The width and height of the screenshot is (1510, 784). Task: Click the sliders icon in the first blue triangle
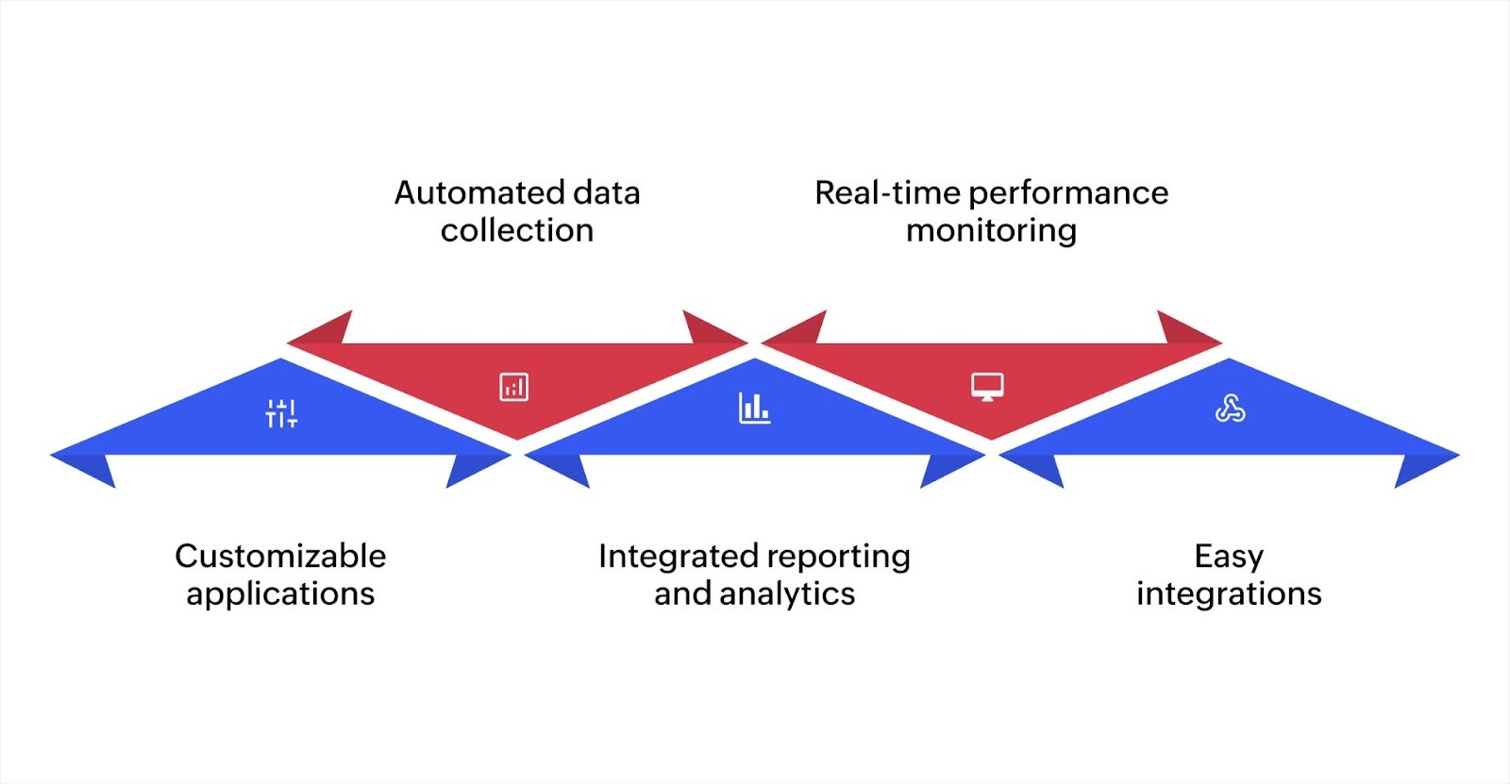[x=281, y=413]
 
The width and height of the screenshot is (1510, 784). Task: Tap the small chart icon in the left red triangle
[x=513, y=387]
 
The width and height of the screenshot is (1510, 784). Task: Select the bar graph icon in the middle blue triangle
[x=754, y=408]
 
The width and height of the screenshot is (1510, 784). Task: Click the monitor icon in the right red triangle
[x=987, y=387]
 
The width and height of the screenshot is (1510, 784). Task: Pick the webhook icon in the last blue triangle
[x=1230, y=409]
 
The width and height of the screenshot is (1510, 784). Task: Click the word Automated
[x=474, y=192]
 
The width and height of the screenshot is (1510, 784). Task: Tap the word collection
[x=517, y=230]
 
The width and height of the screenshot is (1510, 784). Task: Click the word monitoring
[x=991, y=231]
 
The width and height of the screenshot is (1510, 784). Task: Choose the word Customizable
[x=280, y=556]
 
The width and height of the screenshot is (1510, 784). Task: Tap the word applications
[x=280, y=594]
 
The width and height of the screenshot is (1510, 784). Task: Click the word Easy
[x=1228, y=557]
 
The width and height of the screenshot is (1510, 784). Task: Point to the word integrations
[x=1228, y=594]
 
